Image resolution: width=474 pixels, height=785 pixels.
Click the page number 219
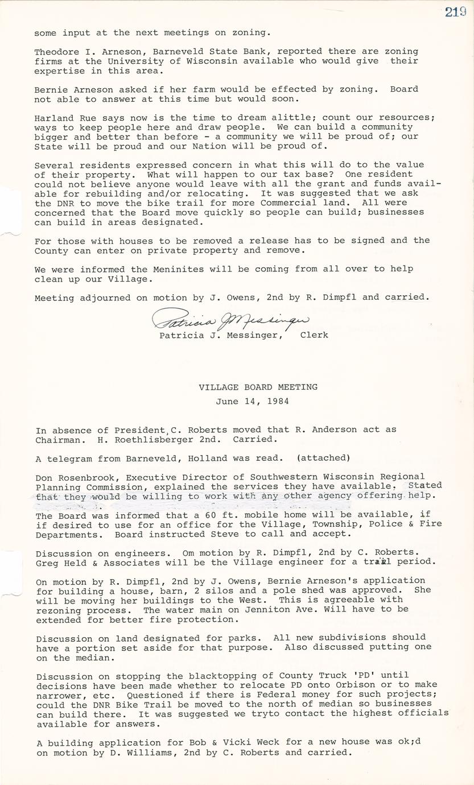coord(456,13)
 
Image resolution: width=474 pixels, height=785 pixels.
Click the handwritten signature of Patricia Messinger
coord(230,320)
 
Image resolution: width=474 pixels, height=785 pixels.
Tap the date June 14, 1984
coord(252,401)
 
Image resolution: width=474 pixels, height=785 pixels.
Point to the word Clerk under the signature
coord(314,335)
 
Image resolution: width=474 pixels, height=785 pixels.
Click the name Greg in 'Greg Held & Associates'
coord(46,562)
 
